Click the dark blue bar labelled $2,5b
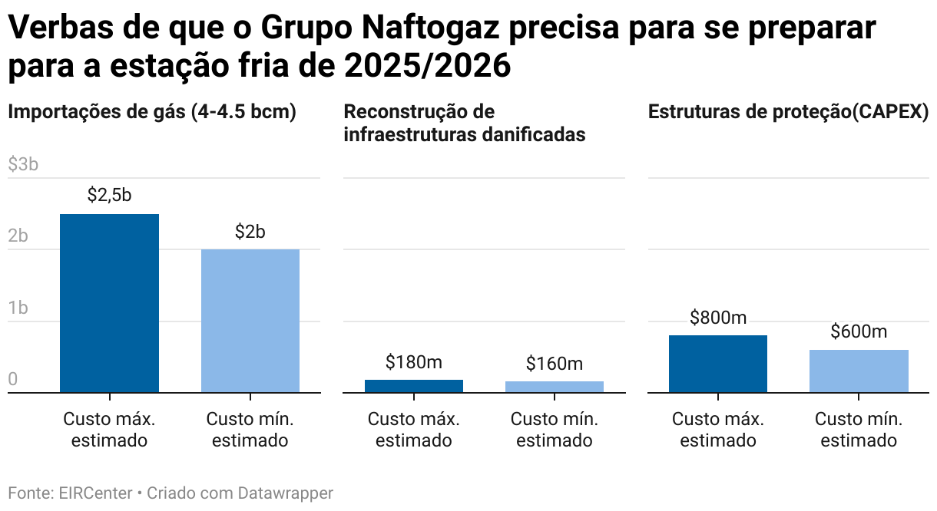click(109, 303)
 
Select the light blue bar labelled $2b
click(250, 321)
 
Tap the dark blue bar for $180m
click(413, 386)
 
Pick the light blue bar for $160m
click(554, 387)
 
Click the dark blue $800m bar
click(717, 364)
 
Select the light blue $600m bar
click(859, 371)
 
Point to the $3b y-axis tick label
click(23, 165)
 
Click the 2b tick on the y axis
click(18, 236)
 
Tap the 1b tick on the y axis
click(18, 308)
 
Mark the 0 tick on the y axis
click(13, 380)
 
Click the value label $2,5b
click(109, 196)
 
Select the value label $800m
click(717, 318)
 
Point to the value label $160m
click(554, 363)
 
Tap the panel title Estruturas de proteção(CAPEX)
click(789, 112)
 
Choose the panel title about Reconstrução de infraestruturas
click(464, 123)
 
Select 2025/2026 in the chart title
click(427, 67)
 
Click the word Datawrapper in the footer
click(285, 493)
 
